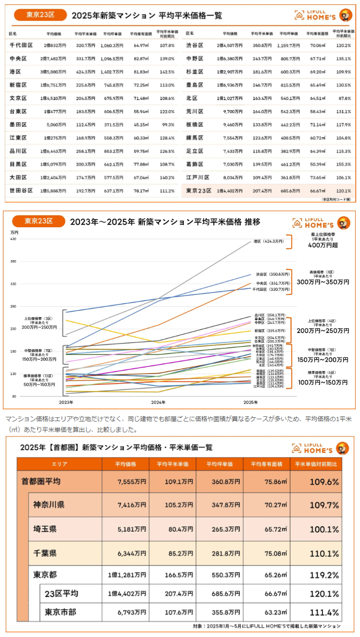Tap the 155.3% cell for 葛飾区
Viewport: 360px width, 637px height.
click(343, 164)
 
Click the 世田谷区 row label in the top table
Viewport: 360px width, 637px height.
click(21, 191)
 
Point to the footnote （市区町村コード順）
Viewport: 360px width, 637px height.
click(336, 199)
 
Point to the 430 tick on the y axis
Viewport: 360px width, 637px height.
click(13, 239)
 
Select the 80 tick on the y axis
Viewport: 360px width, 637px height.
click(14, 396)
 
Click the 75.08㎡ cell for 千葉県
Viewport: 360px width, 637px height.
click(267, 553)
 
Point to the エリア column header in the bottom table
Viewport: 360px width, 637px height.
click(59, 464)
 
